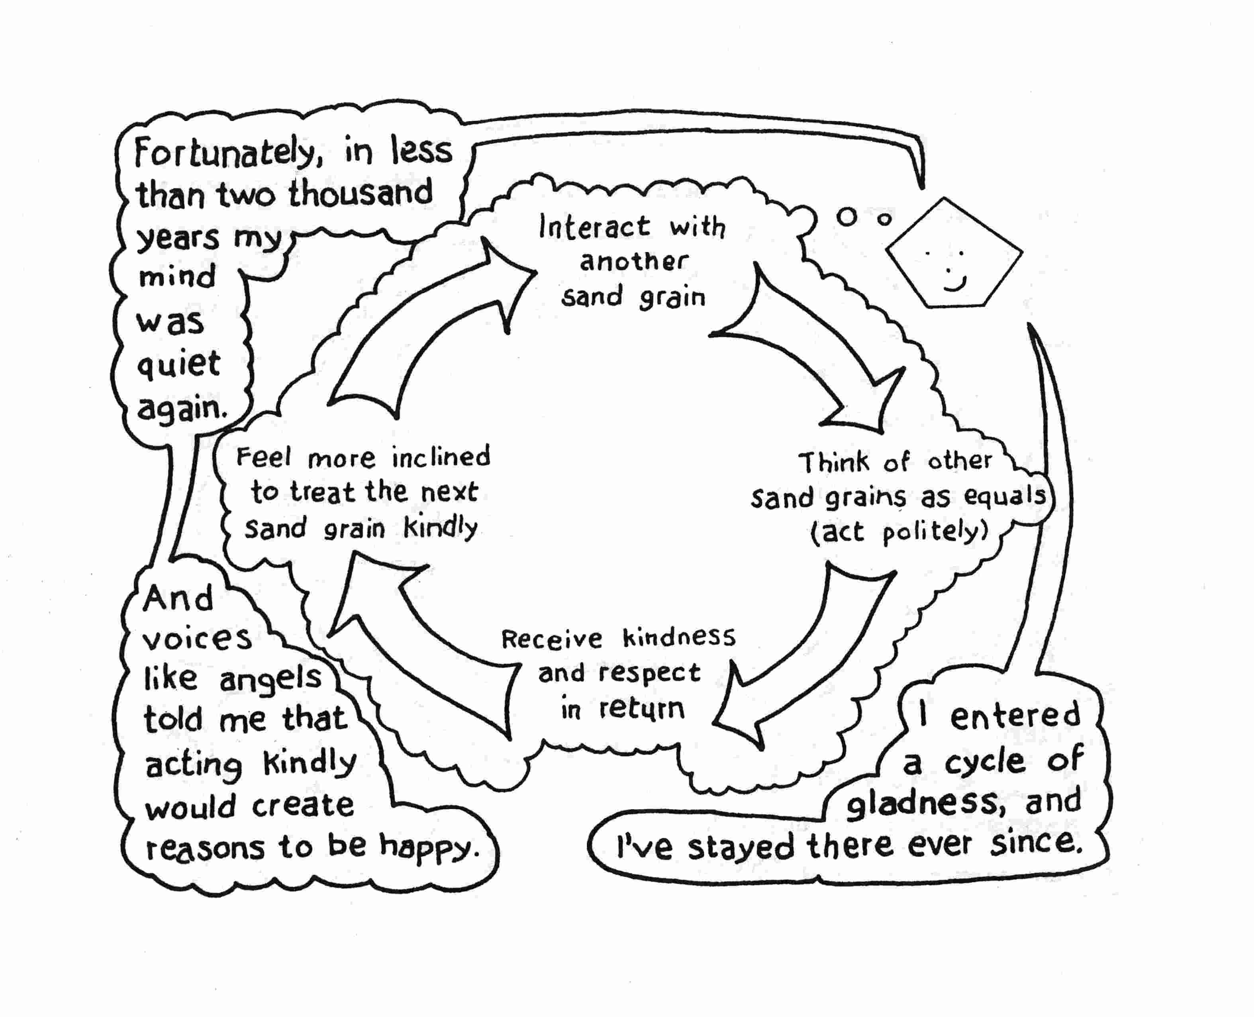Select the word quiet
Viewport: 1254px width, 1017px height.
179,364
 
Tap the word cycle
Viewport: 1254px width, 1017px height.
984,762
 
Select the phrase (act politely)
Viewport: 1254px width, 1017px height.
899,532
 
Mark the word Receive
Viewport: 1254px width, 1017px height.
551,639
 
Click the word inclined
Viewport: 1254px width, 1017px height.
441,457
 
